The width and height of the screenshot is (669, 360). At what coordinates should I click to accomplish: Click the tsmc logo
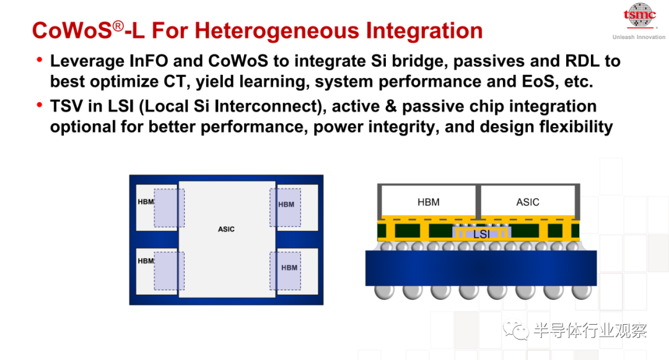[x=639, y=15]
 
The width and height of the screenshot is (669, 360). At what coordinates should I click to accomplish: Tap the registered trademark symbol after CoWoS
[x=118, y=27]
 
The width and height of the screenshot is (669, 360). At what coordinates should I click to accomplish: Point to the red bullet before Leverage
[x=40, y=59]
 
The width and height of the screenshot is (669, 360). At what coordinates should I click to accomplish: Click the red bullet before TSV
[x=40, y=105]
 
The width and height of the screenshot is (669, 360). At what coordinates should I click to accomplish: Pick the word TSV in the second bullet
[x=66, y=106]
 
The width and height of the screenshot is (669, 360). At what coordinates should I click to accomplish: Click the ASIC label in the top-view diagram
[x=226, y=229]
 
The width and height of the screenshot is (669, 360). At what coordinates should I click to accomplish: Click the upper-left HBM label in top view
[x=146, y=202]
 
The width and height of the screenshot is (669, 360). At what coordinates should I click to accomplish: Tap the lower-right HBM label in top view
[x=289, y=268]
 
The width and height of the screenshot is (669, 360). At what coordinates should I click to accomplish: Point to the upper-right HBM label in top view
[x=286, y=204]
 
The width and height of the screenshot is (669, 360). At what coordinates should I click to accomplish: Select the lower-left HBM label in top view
[x=146, y=261]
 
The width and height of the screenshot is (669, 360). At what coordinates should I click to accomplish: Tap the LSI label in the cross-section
[x=481, y=234]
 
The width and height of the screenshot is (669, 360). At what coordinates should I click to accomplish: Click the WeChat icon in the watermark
[x=516, y=330]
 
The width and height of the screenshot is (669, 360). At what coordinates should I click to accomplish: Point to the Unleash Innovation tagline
[x=639, y=37]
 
